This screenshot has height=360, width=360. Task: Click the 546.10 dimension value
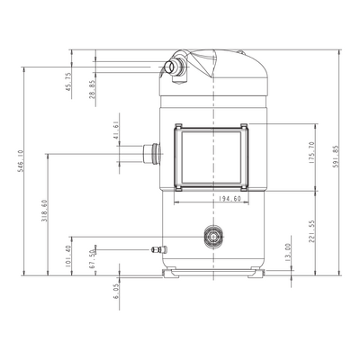(x=20, y=161)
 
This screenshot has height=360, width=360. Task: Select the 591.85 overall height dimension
(x=336, y=157)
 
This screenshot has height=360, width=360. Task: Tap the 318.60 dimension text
(x=44, y=211)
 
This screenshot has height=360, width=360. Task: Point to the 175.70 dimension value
(x=311, y=152)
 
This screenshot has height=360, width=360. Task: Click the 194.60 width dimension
(x=230, y=199)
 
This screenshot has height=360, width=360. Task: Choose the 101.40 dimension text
(x=68, y=256)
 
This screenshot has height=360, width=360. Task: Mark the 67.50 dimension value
(x=93, y=258)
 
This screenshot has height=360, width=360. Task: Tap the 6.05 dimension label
(x=116, y=291)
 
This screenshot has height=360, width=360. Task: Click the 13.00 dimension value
(x=288, y=253)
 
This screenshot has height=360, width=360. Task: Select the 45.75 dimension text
(x=68, y=82)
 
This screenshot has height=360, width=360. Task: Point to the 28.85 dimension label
(x=93, y=89)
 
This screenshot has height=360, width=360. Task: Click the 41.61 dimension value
(x=116, y=130)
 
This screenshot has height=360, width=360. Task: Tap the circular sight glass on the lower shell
(x=213, y=237)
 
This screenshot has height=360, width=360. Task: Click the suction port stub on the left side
(x=151, y=154)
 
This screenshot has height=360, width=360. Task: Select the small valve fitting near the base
(x=159, y=249)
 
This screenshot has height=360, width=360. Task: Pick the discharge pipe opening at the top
(x=170, y=67)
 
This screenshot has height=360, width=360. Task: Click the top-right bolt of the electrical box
(x=244, y=125)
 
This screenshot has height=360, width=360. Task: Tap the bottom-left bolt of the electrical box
(x=178, y=188)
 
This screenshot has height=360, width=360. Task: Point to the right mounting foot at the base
(x=256, y=273)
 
